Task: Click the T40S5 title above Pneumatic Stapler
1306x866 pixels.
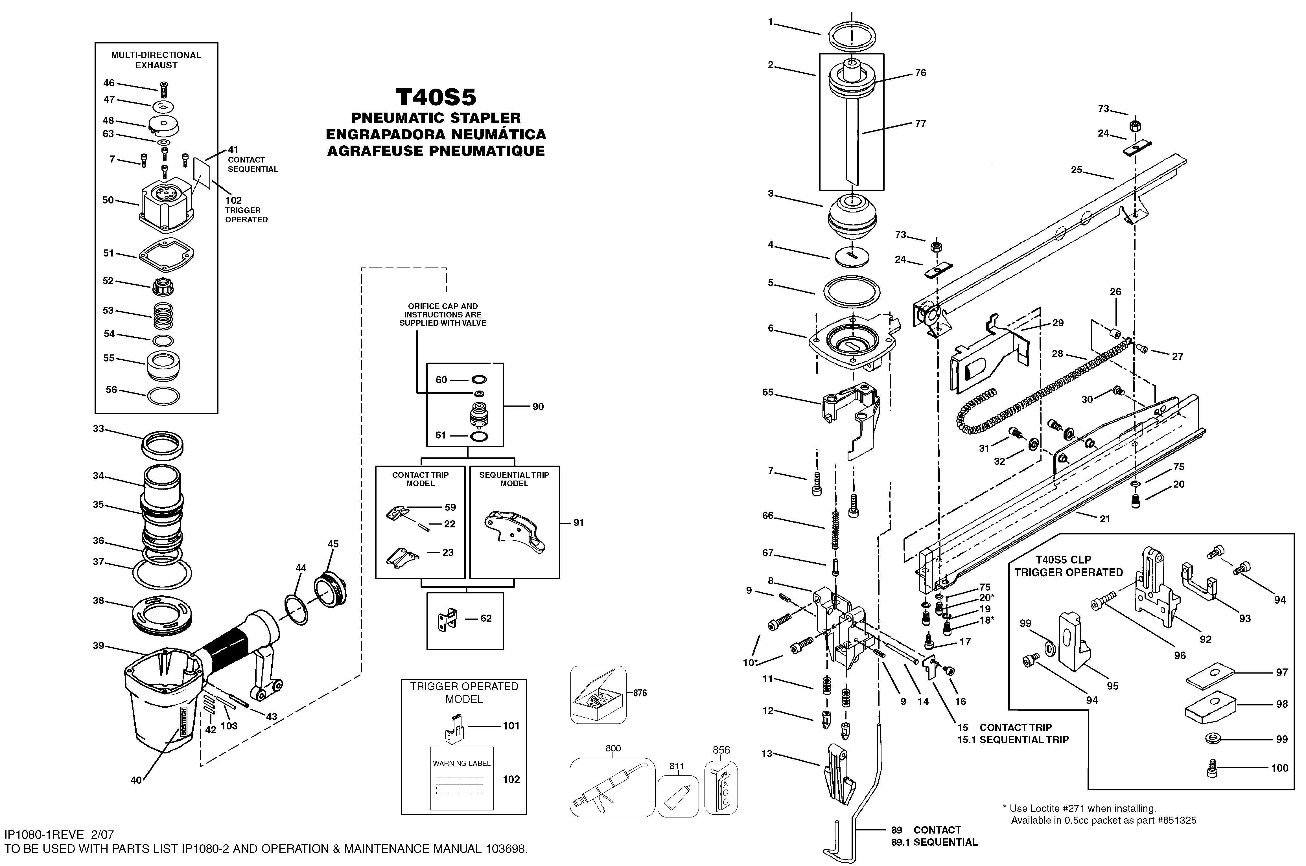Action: click(436, 97)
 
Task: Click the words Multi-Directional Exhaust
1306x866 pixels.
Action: click(156, 60)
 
